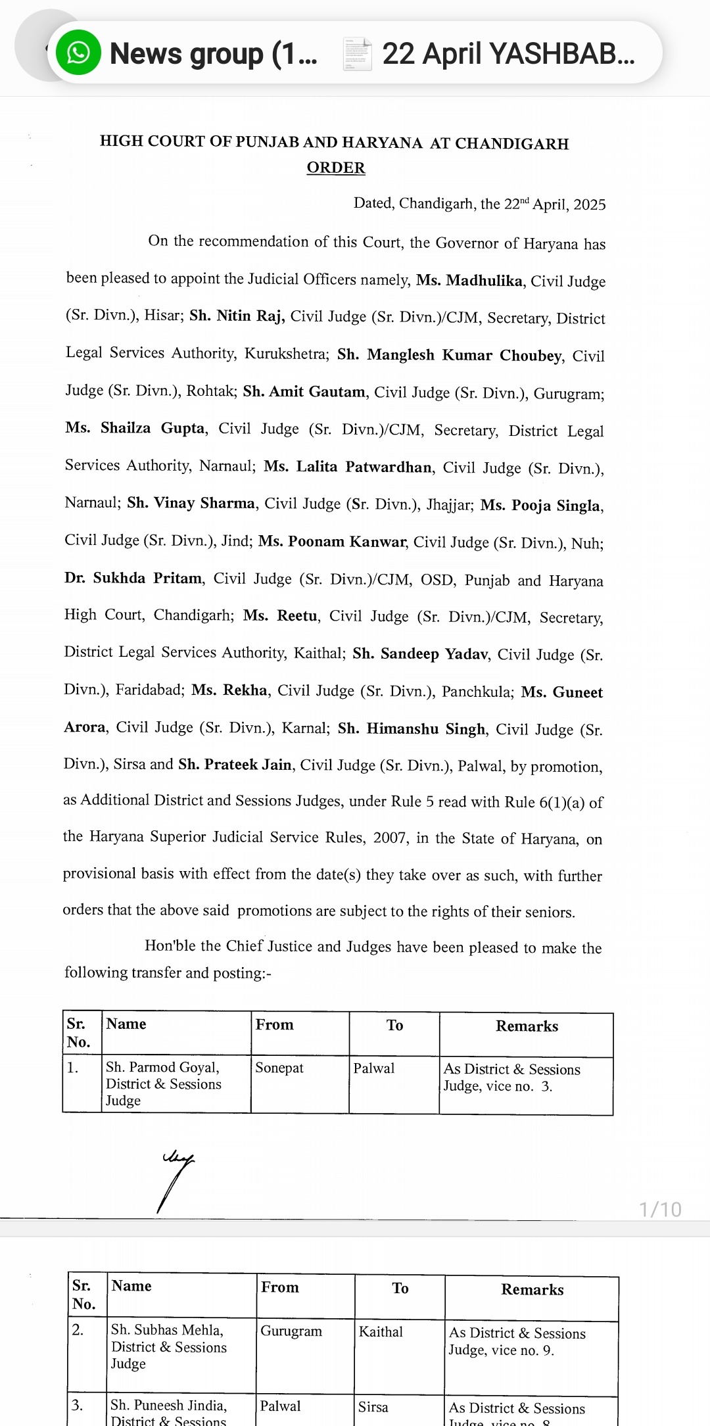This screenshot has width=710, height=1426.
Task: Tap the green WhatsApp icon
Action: tap(78, 53)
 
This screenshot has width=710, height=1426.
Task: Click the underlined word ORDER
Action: tap(336, 168)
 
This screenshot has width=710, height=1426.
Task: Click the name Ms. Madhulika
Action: tap(469, 280)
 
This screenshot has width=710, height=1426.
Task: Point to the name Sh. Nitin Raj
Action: tap(237, 316)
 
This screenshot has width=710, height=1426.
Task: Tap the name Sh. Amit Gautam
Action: tap(304, 392)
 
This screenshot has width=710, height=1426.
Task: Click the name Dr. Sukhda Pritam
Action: tap(133, 579)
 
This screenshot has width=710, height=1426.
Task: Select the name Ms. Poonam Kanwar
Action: tap(332, 542)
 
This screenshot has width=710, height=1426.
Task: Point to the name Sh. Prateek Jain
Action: tap(235, 765)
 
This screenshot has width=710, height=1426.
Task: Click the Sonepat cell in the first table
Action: tap(279, 1068)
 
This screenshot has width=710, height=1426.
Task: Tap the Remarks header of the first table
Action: tap(527, 1026)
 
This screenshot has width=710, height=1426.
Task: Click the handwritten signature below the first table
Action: tap(176, 1180)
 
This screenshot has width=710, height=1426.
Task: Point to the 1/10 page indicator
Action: tap(660, 1209)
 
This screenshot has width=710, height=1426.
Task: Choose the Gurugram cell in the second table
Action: tap(291, 1331)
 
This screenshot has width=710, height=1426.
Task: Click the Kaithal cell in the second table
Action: tap(381, 1331)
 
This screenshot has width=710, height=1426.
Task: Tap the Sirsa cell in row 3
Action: tap(373, 1407)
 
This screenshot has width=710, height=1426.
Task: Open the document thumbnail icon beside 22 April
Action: tap(357, 54)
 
